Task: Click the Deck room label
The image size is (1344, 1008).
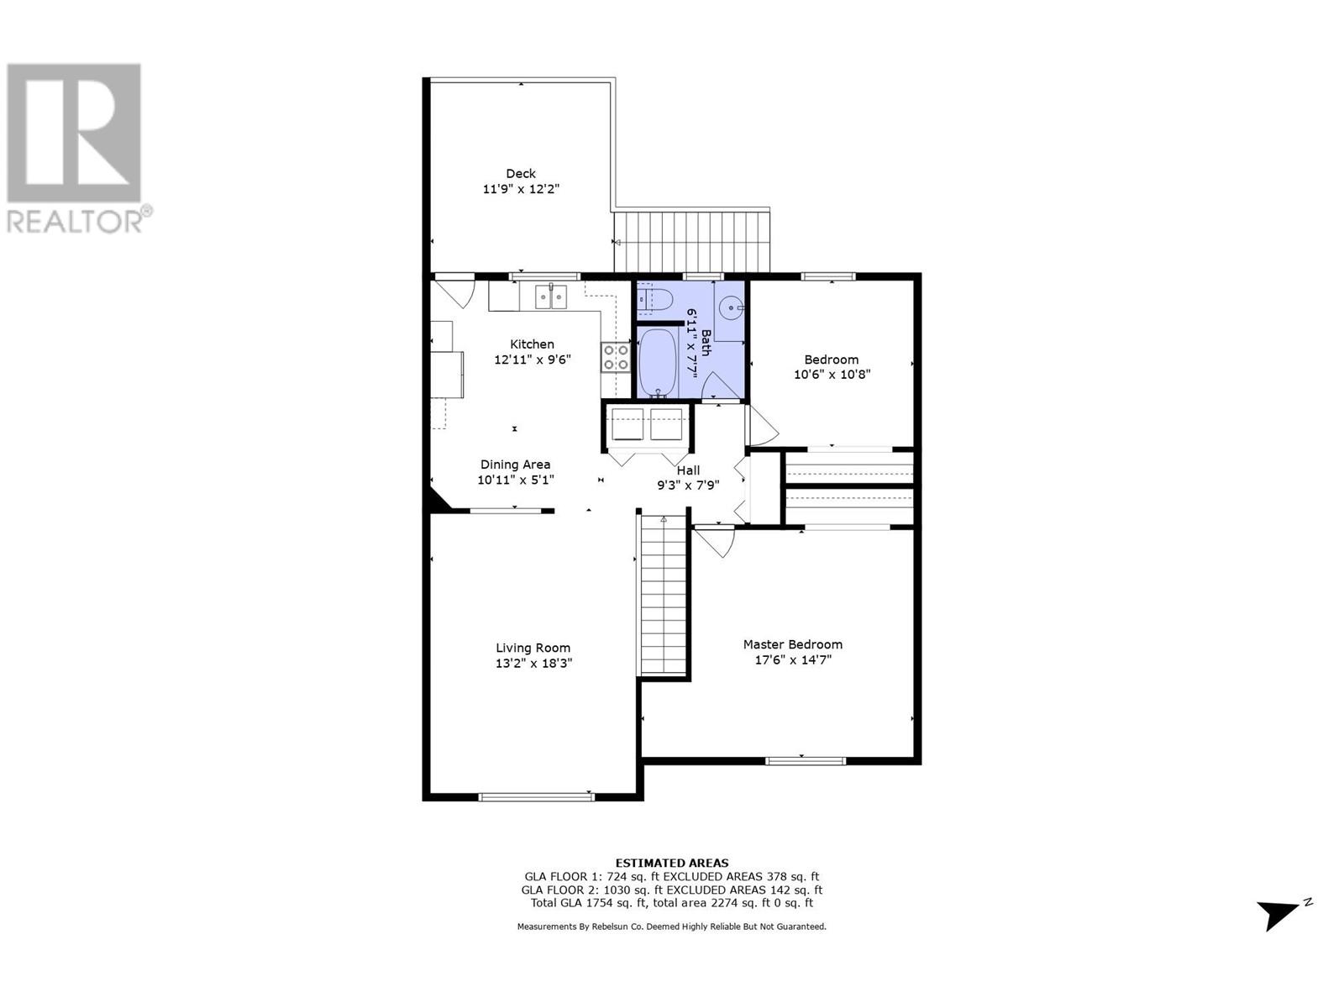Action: (x=521, y=174)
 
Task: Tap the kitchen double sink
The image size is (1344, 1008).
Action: (x=551, y=297)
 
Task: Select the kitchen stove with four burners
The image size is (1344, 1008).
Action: (x=615, y=357)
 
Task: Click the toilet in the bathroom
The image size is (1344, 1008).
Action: (x=654, y=299)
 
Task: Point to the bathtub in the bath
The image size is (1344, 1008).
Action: (x=658, y=362)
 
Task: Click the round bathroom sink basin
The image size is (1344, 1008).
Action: (x=732, y=308)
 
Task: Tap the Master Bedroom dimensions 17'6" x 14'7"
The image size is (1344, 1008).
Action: (x=792, y=660)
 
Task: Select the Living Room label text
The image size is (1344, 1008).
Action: (x=533, y=648)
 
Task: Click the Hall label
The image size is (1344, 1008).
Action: (x=688, y=470)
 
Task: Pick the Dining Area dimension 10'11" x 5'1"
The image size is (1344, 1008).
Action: (x=515, y=480)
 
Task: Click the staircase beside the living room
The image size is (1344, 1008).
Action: (x=664, y=596)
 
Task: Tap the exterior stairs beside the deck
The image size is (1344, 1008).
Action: (x=692, y=242)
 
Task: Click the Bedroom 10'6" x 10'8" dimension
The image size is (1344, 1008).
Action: (x=832, y=375)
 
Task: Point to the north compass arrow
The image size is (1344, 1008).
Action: (x=1279, y=914)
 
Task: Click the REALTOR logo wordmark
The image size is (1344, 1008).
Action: (x=76, y=222)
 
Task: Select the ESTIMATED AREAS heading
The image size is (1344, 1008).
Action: (x=672, y=863)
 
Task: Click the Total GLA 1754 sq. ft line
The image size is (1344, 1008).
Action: (x=672, y=903)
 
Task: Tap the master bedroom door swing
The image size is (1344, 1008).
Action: (x=717, y=542)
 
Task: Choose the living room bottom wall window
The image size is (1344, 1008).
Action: (x=536, y=796)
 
